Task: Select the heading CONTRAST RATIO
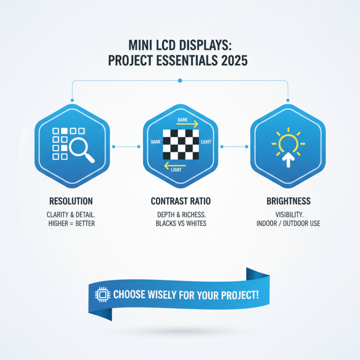pyautogui.click(x=180, y=201)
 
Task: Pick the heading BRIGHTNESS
pyautogui.click(x=288, y=201)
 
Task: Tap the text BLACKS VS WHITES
pyautogui.click(x=180, y=223)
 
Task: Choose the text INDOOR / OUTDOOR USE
pyautogui.click(x=288, y=223)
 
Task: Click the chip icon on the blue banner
pyautogui.click(x=102, y=295)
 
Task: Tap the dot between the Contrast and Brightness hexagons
pyautogui.click(x=244, y=147)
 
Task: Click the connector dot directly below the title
pyautogui.click(x=180, y=81)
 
